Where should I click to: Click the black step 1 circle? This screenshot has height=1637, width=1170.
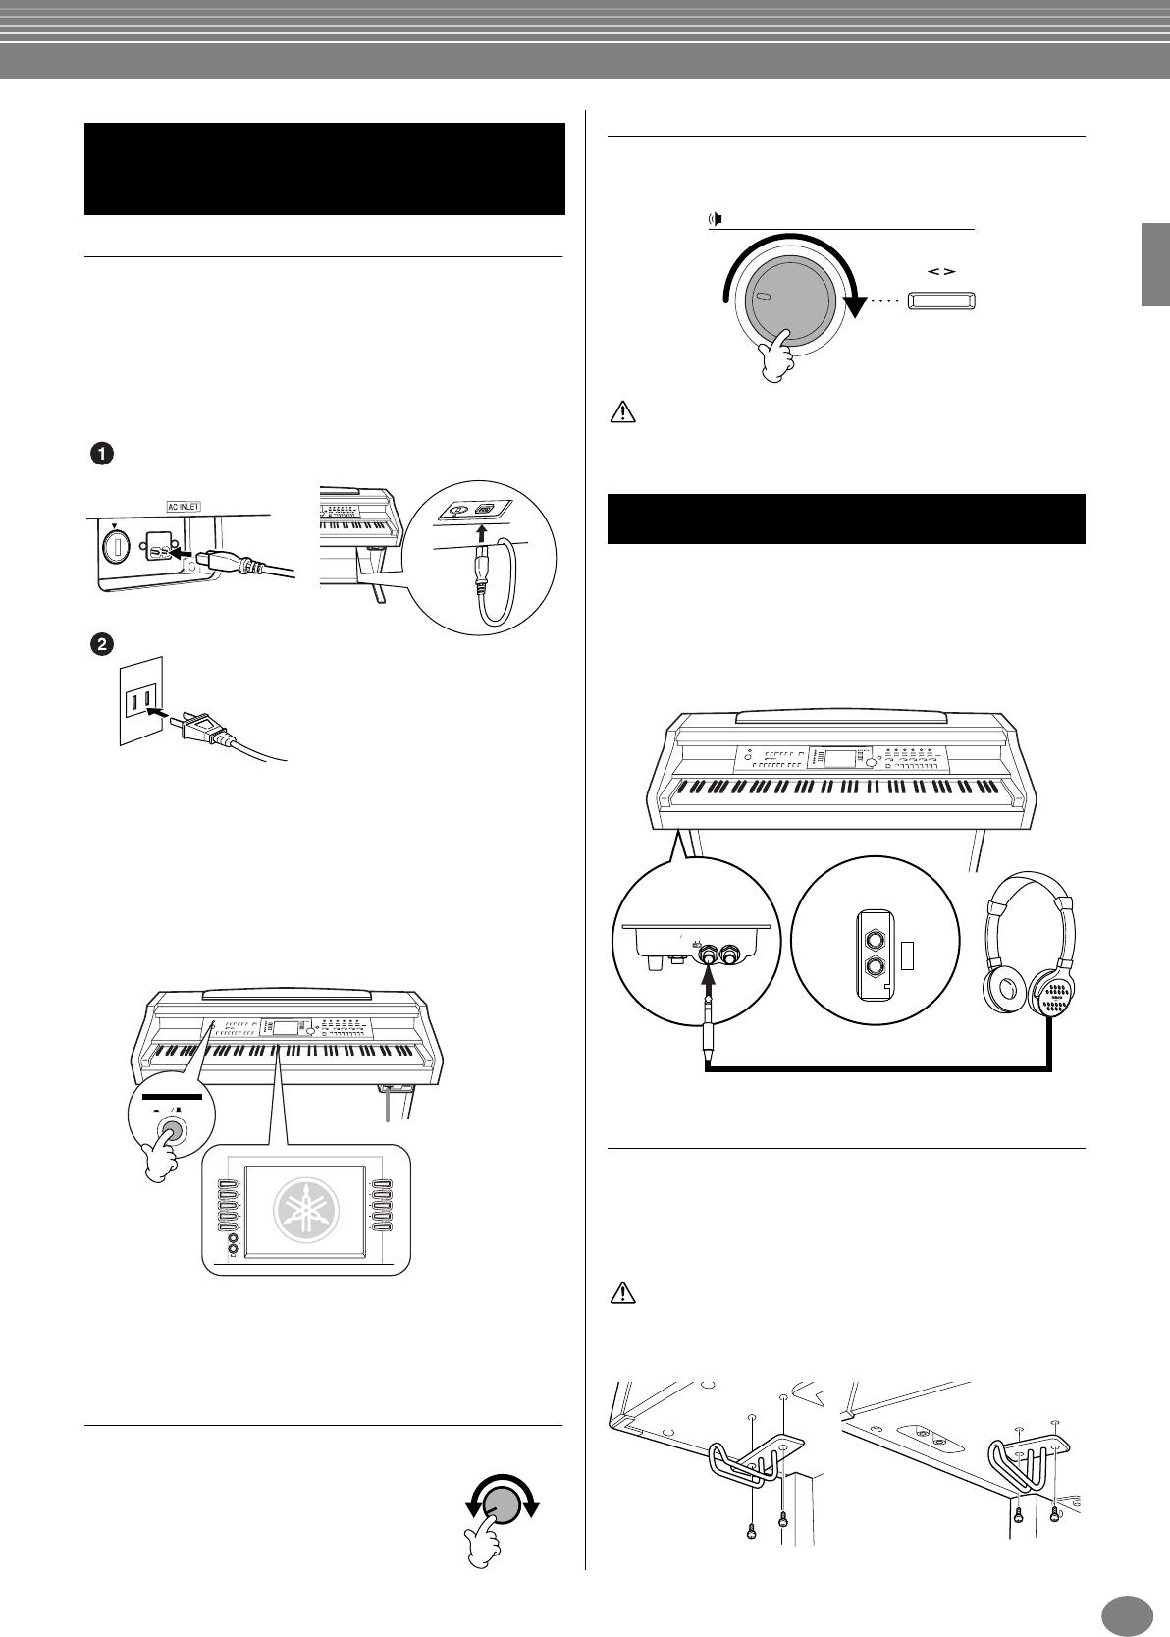point(102,455)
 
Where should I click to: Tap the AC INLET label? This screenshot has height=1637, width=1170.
point(182,507)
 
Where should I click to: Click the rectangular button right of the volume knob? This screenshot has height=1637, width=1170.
point(940,300)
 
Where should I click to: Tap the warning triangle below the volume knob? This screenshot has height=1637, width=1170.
point(622,412)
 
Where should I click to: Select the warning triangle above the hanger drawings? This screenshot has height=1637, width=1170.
point(622,1294)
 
